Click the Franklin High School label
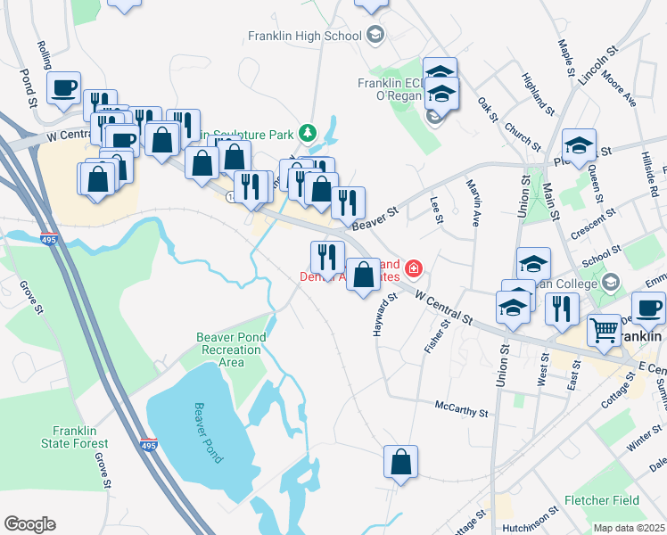click(304, 36)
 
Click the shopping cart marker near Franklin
click(605, 331)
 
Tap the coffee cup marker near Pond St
click(63, 88)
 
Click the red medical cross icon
click(413, 267)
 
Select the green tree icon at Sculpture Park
click(309, 134)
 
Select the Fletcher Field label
click(602, 501)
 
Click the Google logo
click(29, 524)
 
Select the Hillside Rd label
click(648, 170)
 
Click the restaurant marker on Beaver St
click(348, 202)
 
